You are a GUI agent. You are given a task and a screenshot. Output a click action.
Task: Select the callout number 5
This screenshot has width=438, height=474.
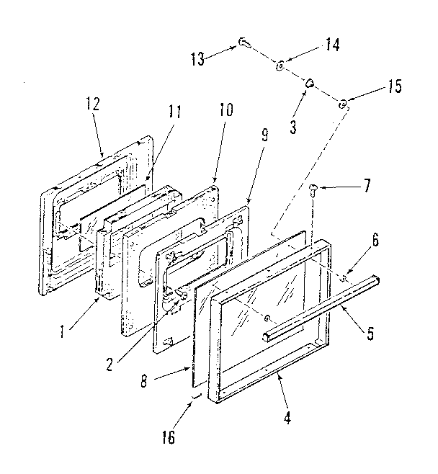click(x=370, y=334)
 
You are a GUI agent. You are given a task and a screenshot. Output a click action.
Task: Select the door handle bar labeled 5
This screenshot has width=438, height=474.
click(x=321, y=306)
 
